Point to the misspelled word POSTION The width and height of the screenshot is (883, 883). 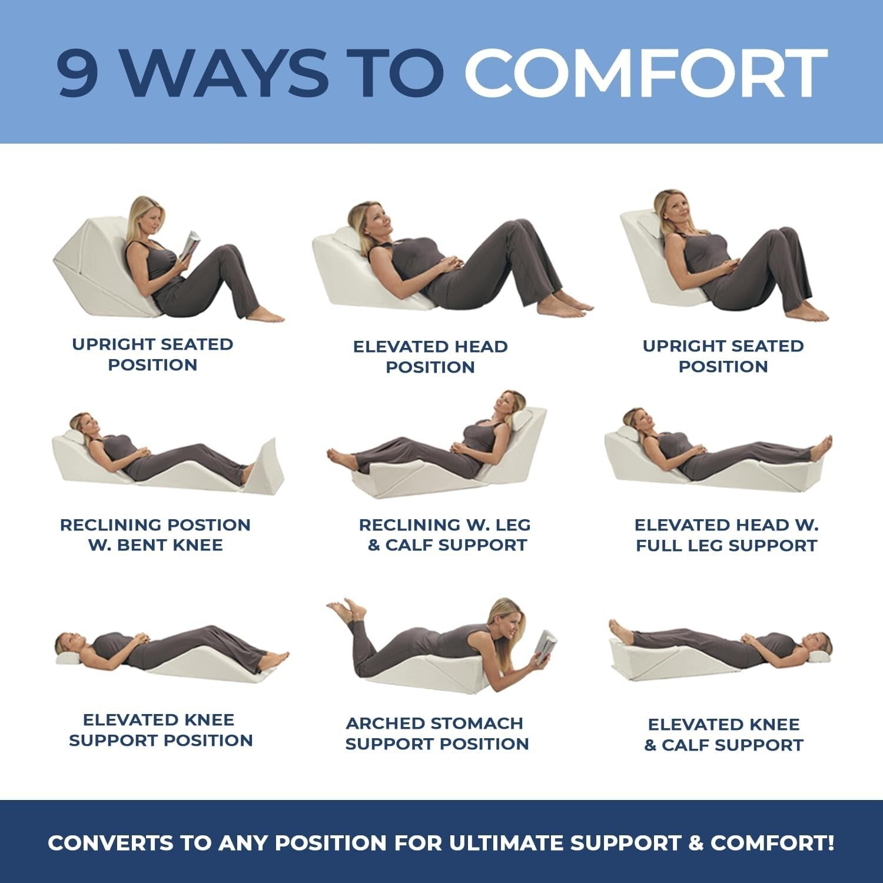[209, 525]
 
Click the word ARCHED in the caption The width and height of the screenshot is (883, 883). [383, 723]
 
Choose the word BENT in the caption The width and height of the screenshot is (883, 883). [140, 545]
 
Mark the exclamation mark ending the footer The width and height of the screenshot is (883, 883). [830, 843]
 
